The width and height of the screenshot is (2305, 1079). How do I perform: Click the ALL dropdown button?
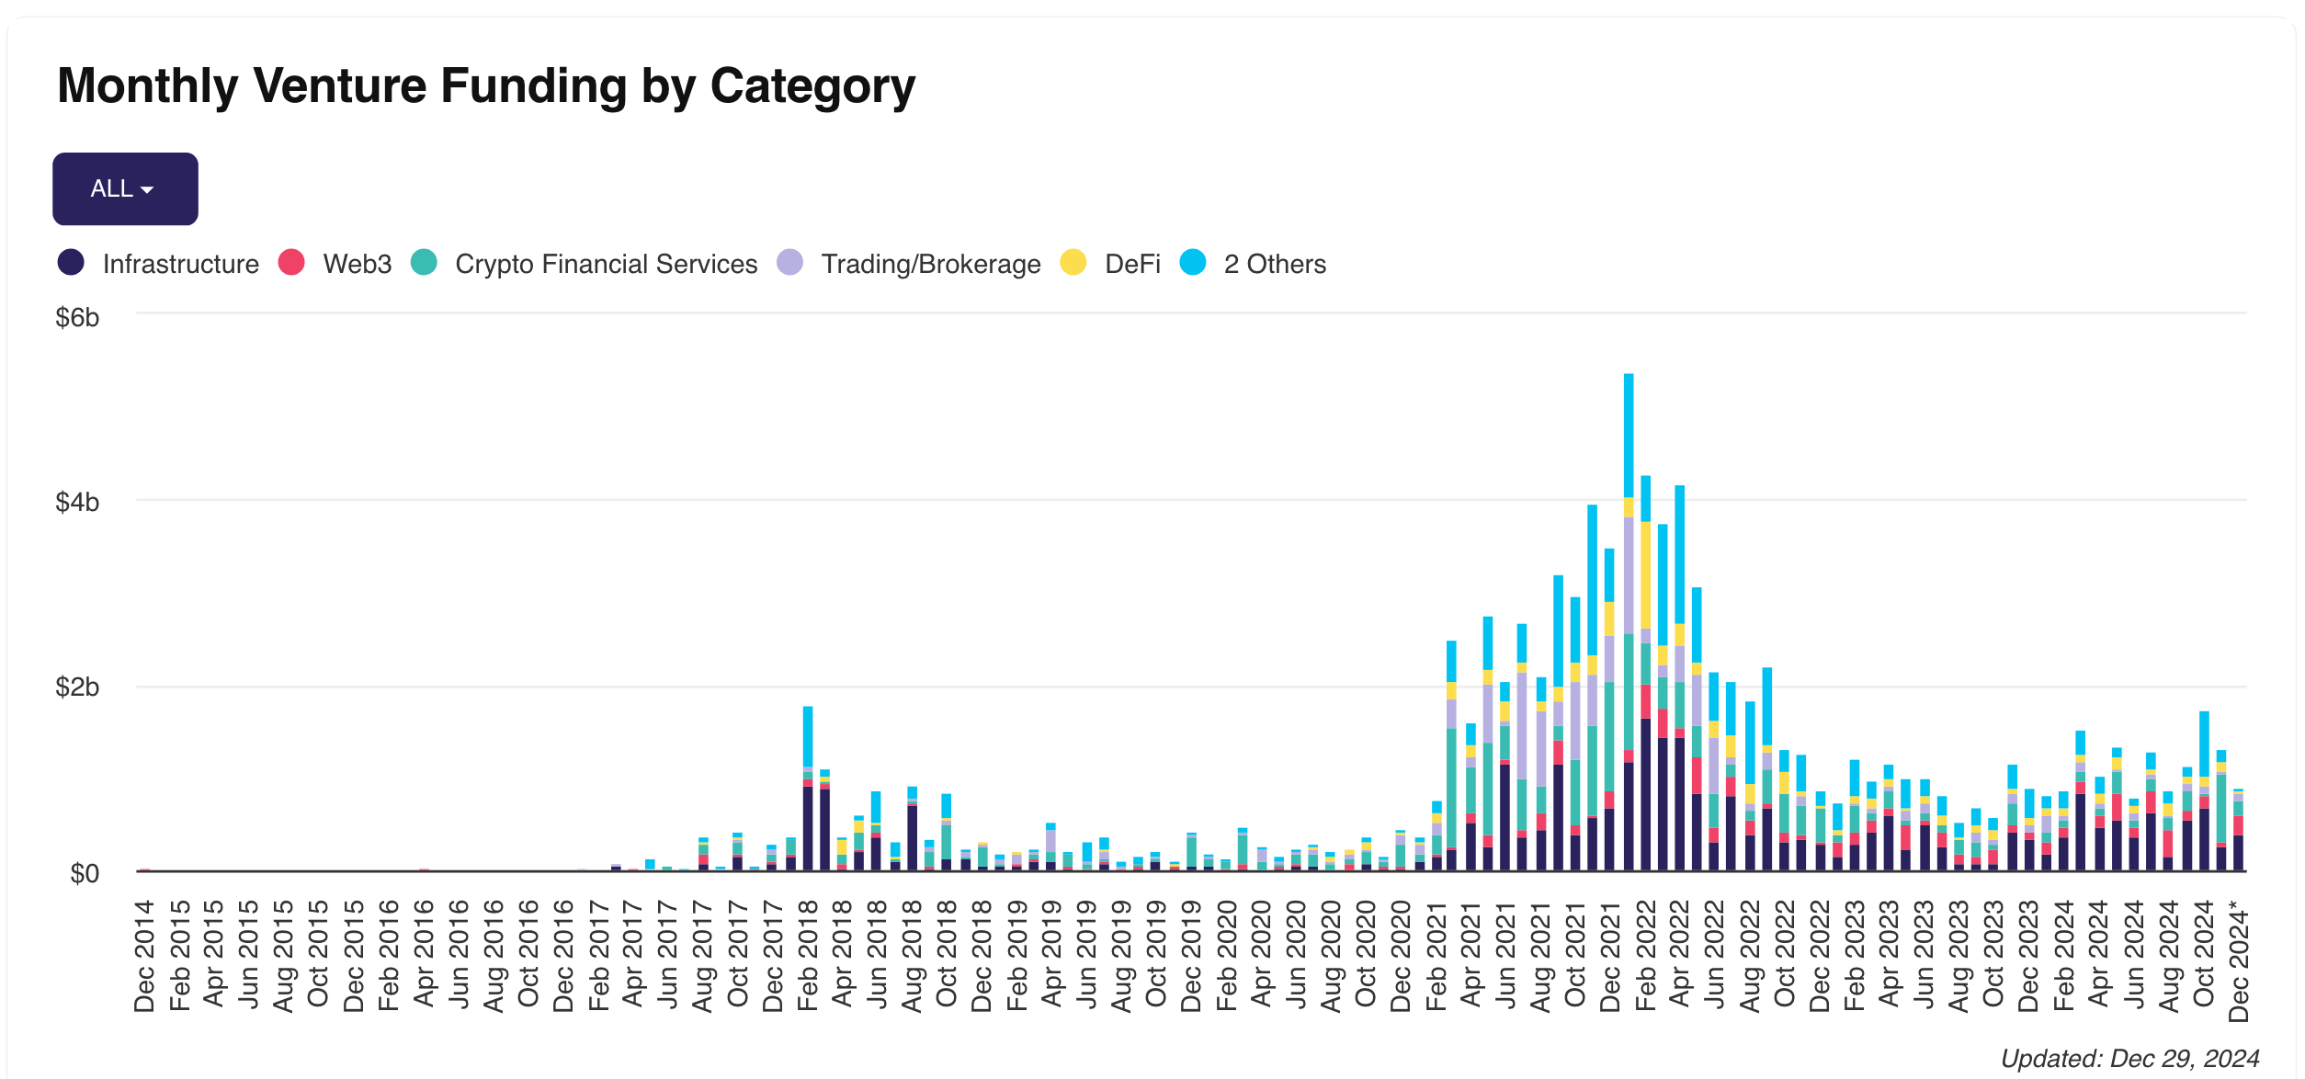tap(125, 189)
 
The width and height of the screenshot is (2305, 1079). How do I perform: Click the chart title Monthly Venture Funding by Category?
tap(486, 86)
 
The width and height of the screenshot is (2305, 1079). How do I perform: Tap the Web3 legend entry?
tap(335, 264)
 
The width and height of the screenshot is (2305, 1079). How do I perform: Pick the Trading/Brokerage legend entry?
tap(909, 264)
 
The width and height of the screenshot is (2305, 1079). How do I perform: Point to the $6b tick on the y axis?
tap(77, 318)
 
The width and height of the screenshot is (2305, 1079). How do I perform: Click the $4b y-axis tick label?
tap(77, 503)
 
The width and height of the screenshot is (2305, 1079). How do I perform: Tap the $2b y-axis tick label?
tap(77, 687)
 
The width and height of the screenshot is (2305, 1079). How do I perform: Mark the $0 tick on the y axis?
tap(85, 873)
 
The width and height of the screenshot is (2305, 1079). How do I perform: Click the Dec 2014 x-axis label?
tap(144, 956)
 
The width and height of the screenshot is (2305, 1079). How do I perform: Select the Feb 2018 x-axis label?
tap(808, 956)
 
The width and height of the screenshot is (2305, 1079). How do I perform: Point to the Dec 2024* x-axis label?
tap(2240, 963)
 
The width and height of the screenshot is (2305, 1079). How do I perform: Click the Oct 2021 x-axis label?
tap(1575, 956)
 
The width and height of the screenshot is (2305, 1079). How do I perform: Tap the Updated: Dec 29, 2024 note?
tap(2129, 1059)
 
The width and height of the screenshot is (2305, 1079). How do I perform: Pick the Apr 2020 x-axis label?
tap(1261, 956)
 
